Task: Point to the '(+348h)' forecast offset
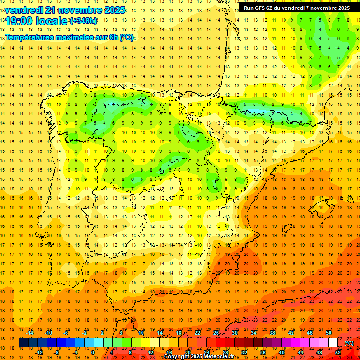[83, 21]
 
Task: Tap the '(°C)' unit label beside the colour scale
[349, 343]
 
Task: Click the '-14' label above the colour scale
[30, 333]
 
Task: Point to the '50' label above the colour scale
[328, 333]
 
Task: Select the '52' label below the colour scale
[337, 352]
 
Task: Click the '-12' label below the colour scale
[39, 352]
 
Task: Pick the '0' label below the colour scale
[93, 352]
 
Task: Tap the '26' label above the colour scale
[216, 333]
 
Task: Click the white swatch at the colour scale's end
[333, 343]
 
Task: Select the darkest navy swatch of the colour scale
[23, 343]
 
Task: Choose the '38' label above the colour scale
[272, 333]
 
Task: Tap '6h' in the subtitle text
[113, 37]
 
